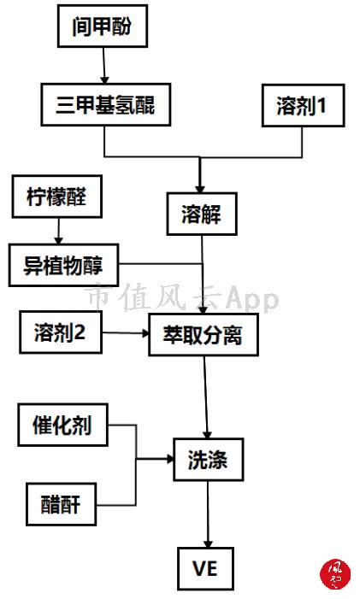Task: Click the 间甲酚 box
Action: tap(103, 26)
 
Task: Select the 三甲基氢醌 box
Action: tap(106, 104)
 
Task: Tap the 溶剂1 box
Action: tap(303, 105)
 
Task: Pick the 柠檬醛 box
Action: tap(57, 197)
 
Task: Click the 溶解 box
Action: tap(202, 214)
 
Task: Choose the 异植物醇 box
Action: tap(63, 266)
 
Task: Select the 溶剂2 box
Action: tap(61, 332)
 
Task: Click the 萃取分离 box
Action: tap(204, 335)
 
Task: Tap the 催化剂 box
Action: tap(62, 425)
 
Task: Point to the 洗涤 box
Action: tap(209, 460)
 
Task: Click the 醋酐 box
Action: tap(62, 504)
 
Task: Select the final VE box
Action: tap(205, 568)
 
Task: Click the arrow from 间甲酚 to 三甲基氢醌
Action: tap(104, 66)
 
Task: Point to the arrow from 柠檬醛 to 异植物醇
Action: tap(58, 231)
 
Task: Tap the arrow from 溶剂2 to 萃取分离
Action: tap(126, 333)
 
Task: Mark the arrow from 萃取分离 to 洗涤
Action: tap(205, 397)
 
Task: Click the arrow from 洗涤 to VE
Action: tap(209, 514)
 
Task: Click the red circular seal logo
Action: tap(335, 574)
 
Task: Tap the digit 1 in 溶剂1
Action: tap(322, 105)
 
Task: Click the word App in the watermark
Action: tap(252, 299)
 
